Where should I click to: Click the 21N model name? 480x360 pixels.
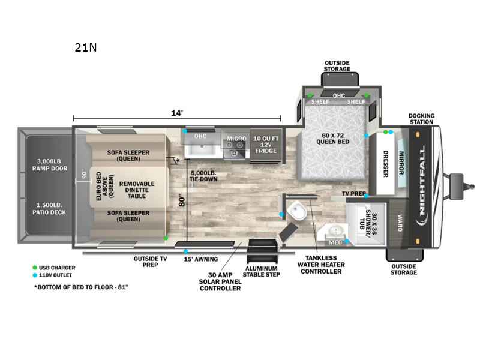coord(86,47)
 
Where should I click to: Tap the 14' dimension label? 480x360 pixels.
coord(177,113)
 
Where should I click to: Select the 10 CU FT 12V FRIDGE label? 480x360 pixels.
coord(266,145)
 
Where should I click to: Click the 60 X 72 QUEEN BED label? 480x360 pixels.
coord(332,139)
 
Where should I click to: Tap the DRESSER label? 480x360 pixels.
coord(386,164)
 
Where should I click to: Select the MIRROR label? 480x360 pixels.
coord(401,163)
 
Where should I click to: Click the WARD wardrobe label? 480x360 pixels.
coord(400,223)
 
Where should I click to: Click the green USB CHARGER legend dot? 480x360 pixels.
coord(35,268)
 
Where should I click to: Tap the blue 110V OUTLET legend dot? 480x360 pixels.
coord(35,275)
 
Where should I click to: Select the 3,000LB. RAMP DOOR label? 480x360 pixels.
coord(50,164)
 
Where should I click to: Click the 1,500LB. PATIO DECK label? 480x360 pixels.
coord(49,208)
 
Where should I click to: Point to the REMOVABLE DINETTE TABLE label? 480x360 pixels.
coord(137,190)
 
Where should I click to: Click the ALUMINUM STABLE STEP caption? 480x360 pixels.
coord(262,272)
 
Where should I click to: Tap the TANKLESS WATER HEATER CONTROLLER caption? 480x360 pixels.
coord(321,265)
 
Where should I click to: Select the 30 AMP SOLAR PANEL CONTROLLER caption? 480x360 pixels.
coord(220,281)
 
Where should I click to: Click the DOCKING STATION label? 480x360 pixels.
coord(421,119)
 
